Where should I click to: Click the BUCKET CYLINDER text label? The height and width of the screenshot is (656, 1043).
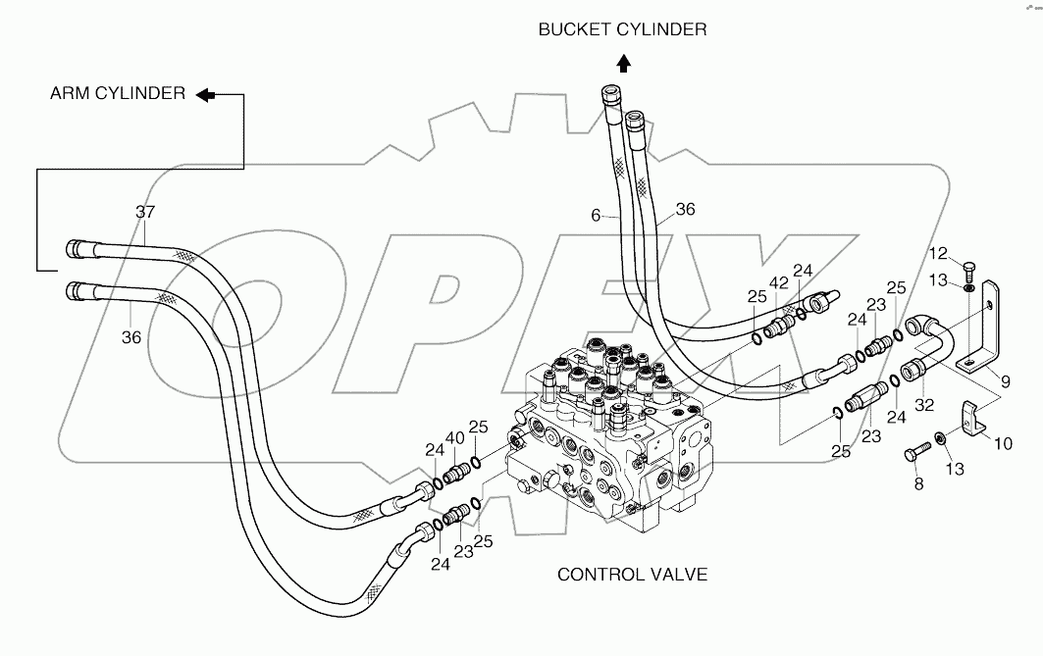click(622, 29)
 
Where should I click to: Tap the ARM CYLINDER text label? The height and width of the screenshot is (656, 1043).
click(118, 94)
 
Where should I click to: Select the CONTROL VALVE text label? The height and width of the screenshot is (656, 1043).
click(632, 574)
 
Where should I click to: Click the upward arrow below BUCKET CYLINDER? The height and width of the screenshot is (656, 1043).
click(623, 65)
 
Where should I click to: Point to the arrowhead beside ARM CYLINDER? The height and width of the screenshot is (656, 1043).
click(205, 94)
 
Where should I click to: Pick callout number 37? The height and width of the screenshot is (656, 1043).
click(145, 212)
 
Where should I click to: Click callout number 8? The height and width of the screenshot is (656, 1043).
click(919, 483)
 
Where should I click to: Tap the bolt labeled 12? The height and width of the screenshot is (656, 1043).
click(967, 270)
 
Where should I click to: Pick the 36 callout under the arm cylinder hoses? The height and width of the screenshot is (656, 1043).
click(131, 337)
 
